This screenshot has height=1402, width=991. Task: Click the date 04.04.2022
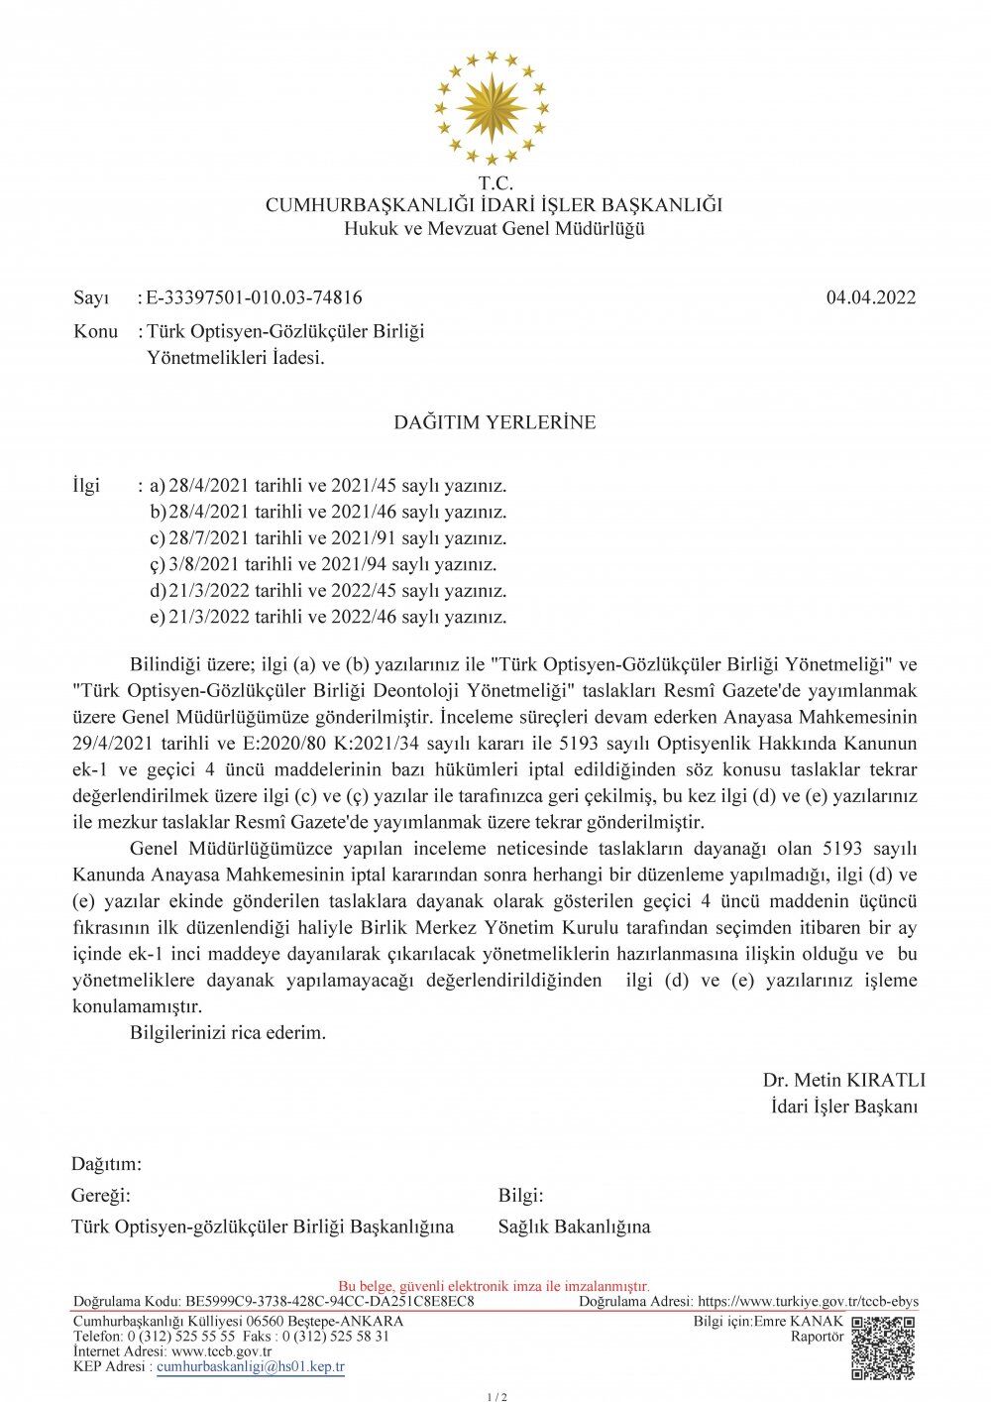[x=870, y=297]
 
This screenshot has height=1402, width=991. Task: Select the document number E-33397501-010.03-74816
[x=254, y=297]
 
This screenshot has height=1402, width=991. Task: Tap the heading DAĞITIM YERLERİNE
[x=495, y=422]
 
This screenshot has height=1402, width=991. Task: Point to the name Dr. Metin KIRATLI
[x=843, y=1080]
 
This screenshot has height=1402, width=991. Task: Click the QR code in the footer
[x=883, y=1347]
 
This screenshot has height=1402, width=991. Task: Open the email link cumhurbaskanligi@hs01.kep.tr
[x=251, y=1366]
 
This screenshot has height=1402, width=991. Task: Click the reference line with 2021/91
[x=338, y=538]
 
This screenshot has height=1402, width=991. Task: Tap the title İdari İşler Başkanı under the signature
[x=843, y=1107]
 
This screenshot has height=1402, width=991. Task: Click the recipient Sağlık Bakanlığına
[x=574, y=1227]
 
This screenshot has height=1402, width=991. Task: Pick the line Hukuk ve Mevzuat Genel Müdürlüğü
[x=494, y=229]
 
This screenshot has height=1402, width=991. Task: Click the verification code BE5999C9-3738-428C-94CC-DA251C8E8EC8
[x=329, y=1301]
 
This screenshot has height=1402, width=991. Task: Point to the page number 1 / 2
[x=496, y=1397]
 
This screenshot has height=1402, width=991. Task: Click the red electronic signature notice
[x=494, y=1286]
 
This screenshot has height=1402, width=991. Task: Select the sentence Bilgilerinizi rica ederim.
[x=228, y=1032]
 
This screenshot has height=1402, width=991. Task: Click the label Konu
[x=95, y=331]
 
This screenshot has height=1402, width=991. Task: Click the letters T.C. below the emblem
[x=495, y=183]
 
